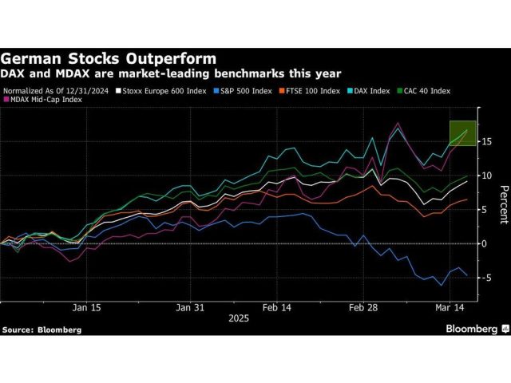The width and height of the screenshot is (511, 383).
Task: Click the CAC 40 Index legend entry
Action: [x=428, y=92]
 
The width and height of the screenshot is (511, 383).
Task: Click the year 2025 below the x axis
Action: [x=238, y=318]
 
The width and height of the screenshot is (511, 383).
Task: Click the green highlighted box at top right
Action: [x=463, y=132]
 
